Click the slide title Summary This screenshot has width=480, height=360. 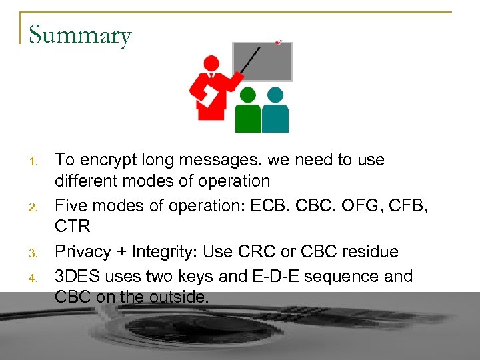click(80, 35)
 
